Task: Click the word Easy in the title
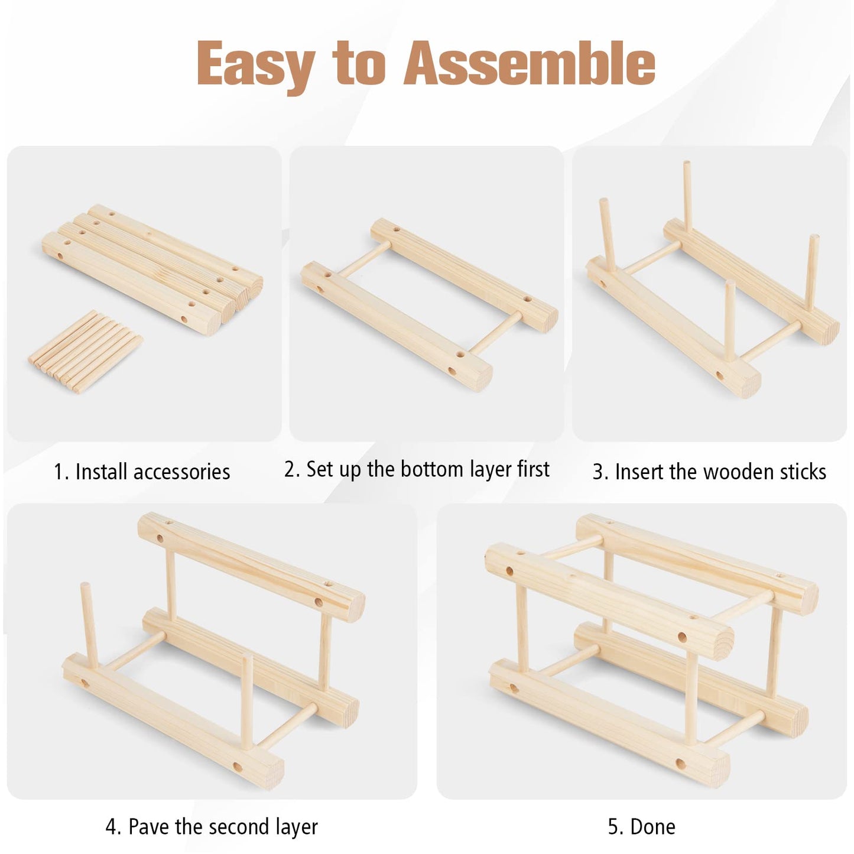[x=256, y=66]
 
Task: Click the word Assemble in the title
[x=529, y=63]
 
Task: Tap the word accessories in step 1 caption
[x=181, y=472]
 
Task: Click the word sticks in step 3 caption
[x=803, y=472]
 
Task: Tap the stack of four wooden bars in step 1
[x=152, y=269]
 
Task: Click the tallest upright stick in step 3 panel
[x=688, y=197]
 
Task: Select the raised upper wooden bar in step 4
[x=251, y=568]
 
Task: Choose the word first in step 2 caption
[x=533, y=469]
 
